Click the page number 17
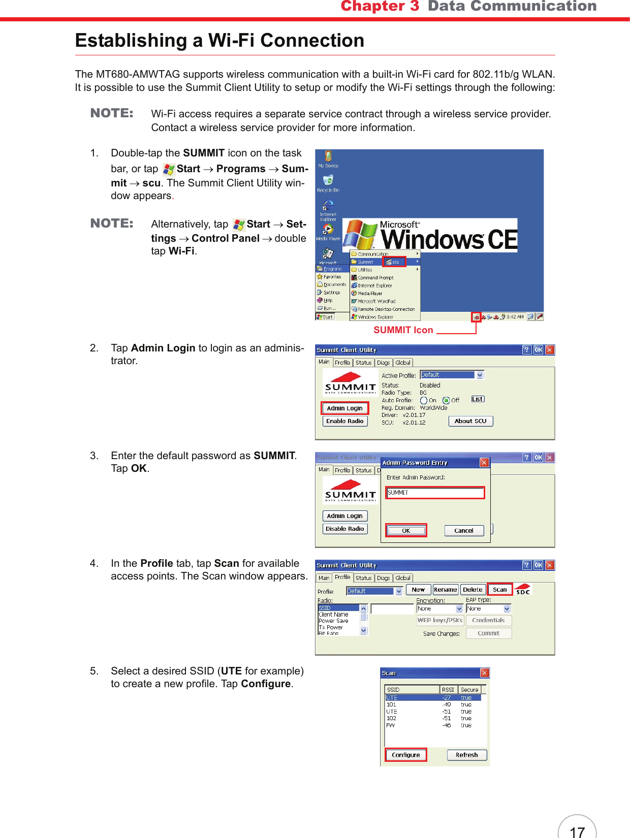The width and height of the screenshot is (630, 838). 577,831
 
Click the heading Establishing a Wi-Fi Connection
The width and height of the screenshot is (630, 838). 219,41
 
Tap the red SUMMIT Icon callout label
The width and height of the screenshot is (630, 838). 403,330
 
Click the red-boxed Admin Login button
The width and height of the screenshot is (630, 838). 344,408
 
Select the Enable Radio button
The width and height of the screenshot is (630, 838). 344,421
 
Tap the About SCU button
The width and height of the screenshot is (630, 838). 470,421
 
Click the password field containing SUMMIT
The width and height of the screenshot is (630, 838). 434,493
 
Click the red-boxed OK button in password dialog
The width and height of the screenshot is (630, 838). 405,531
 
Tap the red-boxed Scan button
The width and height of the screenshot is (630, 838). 499,590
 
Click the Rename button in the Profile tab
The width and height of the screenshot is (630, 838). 445,590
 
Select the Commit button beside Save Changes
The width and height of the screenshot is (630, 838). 488,633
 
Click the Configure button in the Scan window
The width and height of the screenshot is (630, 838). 405,755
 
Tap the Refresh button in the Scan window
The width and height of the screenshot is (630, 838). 466,755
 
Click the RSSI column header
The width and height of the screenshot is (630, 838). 448,690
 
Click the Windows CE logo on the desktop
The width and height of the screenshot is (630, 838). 430,236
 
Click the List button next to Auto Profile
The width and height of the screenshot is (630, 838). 477,399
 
